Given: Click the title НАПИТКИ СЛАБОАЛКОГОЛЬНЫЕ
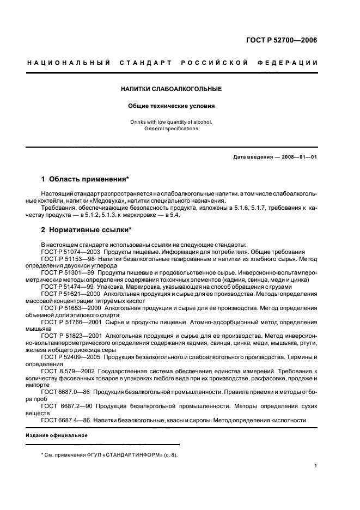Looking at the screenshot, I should coord(171,89).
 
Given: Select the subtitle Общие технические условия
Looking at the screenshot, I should coord(171,106).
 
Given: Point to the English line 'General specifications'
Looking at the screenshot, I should coord(171,129).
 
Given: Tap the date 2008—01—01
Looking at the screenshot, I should coord(298,157).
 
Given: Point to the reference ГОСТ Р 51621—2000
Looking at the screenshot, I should coord(71,294).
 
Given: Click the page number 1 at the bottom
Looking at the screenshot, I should coord(316,466).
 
